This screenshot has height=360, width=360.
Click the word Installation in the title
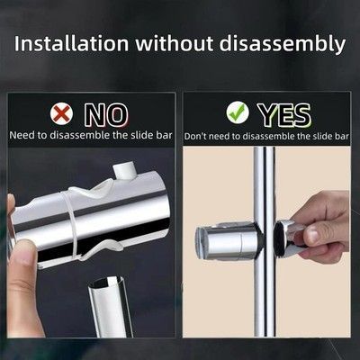72,43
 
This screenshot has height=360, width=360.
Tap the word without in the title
174,43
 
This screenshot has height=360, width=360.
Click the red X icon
62,113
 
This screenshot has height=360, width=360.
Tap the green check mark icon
238,113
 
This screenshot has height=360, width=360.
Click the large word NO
106,114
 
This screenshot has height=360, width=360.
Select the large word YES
284,114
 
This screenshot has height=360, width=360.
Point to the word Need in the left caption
22,135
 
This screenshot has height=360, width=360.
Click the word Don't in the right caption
195,136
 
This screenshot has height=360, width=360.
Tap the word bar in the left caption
165,135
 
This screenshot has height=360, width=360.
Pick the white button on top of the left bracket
125,170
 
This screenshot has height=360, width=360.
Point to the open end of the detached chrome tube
107,282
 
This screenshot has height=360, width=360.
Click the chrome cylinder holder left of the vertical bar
228,241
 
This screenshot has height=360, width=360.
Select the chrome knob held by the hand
288,238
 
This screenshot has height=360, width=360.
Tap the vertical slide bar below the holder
265,297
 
